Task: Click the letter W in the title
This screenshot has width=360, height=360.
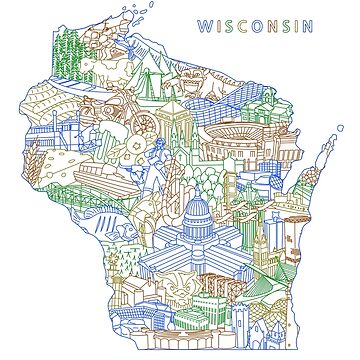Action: click(x=203, y=24)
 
